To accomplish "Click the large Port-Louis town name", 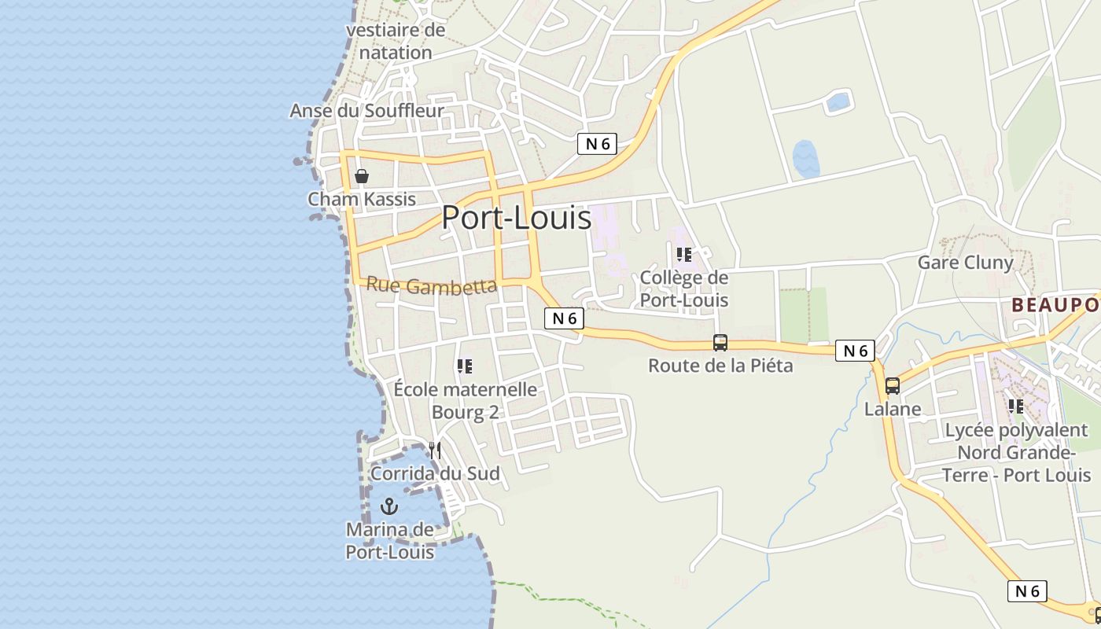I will coord(516,217).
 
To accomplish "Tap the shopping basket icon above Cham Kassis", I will coord(362,176).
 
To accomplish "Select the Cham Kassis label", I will coord(362,199).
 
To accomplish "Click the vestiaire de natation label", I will coord(396,42).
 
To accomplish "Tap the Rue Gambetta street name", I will coord(432,285).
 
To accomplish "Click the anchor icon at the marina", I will coord(389,506).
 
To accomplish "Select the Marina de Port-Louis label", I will coord(390,541).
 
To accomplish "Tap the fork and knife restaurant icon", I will coord(435,451).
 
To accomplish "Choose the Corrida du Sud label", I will coord(435,473).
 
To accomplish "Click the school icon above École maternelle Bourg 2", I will coord(465,366).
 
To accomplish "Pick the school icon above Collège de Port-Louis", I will coord(683,255).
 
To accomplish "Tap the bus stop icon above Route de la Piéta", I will coord(720,343).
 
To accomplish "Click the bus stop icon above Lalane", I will coord(893,386).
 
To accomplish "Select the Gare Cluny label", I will coord(966,263).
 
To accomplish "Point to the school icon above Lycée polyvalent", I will coord(1016,406).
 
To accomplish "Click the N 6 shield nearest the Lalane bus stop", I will coord(855,351).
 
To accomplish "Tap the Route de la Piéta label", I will coord(720,366).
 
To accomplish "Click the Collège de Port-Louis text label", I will coord(684,289).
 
